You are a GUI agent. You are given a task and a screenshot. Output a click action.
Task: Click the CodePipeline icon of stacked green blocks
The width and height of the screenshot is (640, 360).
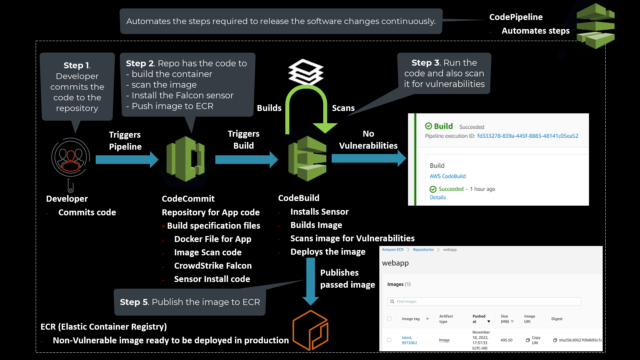pos(596,26)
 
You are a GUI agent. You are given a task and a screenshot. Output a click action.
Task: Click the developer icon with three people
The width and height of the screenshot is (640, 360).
pos(71,157)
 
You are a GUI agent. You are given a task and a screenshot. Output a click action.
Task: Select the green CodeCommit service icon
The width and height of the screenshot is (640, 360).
pos(186,159)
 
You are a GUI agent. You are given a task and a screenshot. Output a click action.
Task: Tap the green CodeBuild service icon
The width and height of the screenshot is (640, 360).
pos(307,159)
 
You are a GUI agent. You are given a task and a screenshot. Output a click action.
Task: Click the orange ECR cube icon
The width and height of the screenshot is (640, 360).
pos(310,330)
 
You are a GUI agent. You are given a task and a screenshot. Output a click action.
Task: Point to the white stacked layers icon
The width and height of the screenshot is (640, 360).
pos(306,71)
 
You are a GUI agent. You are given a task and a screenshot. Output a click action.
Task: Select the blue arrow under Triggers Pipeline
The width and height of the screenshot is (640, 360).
pos(127,160)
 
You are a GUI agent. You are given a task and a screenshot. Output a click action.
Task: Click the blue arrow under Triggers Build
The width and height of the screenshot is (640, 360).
pos(246,160)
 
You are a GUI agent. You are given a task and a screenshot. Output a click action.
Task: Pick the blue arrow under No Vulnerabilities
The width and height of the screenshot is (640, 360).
pos(368,158)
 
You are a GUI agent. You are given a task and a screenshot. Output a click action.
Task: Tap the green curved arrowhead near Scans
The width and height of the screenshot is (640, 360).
pos(325,128)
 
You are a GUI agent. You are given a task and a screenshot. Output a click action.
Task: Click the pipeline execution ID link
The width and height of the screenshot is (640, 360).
pos(528,136)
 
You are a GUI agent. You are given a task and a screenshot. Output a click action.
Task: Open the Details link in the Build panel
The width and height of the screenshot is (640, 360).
pos(438,197)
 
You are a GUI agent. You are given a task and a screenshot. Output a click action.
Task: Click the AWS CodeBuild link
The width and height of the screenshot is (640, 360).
pos(448,176)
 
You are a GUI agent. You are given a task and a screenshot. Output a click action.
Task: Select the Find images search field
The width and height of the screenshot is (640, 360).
pos(484,301)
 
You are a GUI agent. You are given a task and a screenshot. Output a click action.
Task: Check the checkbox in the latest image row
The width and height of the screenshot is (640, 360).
pos(389,340)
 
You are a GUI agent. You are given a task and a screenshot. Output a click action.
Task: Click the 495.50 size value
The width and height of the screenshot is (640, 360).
pos(506,340)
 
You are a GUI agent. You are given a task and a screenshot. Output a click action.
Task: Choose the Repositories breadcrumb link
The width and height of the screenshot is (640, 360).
pos(423,250)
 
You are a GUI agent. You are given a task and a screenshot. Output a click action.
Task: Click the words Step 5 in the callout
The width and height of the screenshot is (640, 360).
pos(134,302)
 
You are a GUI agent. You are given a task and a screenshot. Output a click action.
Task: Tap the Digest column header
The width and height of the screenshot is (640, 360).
pos(557,319)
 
